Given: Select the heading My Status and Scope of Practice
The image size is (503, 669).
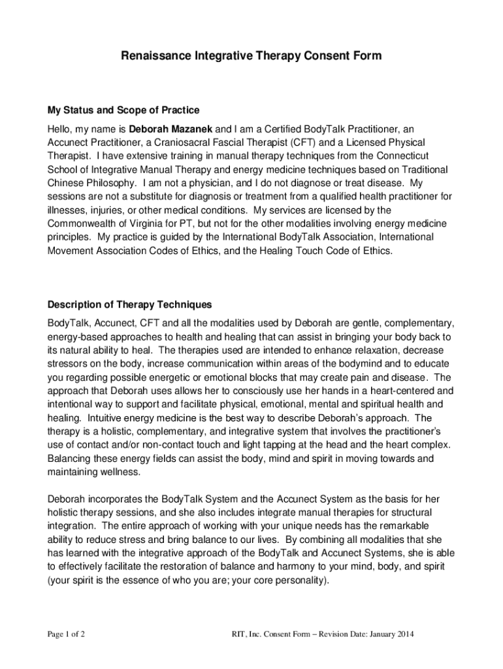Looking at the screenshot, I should point(123,110).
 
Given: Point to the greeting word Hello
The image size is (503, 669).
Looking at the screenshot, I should point(60,129).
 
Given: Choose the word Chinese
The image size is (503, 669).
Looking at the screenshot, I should point(66,183).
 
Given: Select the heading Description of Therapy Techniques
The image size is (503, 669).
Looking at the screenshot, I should point(129,305).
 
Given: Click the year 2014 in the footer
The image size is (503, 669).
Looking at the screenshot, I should point(404,634).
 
